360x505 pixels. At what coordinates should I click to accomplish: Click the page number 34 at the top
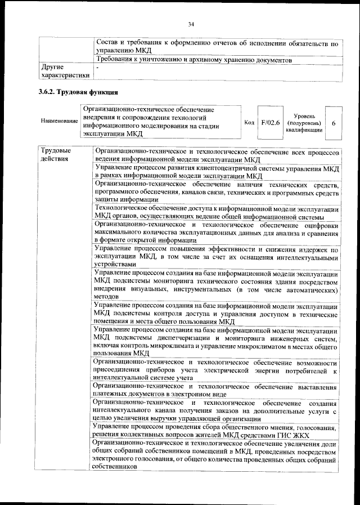click(191, 24)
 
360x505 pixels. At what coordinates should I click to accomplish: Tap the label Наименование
click(59, 121)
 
